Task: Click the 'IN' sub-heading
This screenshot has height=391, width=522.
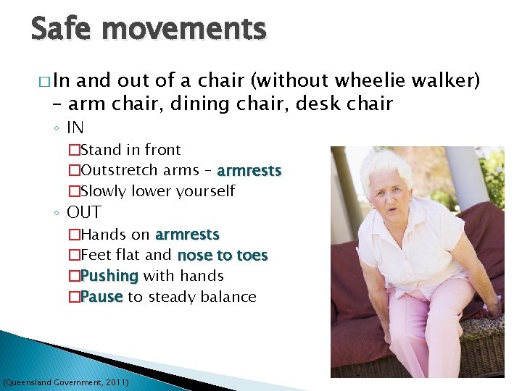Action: point(75,128)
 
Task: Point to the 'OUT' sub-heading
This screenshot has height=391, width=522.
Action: point(84,213)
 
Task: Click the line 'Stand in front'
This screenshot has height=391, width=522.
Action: point(130,150)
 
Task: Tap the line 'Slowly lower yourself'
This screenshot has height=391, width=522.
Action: point(157,192)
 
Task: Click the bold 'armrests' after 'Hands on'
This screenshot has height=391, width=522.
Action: point(187,235)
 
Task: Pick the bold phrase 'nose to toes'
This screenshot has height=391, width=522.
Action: point(223,256)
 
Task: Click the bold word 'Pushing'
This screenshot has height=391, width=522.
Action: point(109,276)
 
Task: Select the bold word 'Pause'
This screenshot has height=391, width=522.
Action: point(102,297)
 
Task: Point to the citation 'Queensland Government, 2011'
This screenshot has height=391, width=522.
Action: point(67,381)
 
